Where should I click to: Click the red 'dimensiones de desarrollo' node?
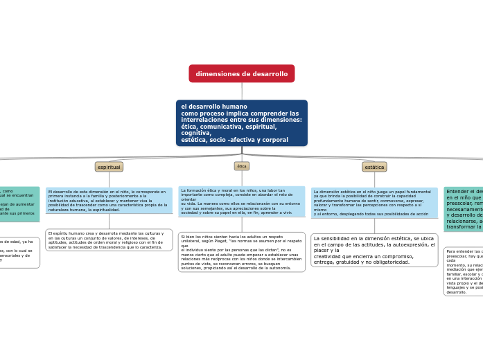[241, 73]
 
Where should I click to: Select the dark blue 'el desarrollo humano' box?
[241, 123]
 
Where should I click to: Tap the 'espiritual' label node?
[109, 167]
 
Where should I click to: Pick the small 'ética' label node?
[242, 166]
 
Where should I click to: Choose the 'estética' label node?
[374, 167]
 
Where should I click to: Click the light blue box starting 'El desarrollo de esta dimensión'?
[109, 200]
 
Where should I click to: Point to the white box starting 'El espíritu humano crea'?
[109, 240]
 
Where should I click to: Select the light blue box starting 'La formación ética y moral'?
[241, 201]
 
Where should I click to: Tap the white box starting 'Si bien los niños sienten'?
[241, 252]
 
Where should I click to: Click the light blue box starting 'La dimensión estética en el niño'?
[374, 202]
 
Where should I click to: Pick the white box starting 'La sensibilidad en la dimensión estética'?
[374, 250]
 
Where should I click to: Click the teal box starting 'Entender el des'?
[463, 209]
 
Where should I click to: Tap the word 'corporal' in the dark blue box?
[275, 140]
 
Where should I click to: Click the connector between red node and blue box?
[242, 91]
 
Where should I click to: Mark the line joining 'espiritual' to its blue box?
[109, 179]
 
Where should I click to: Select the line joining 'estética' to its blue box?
[374, 179]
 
